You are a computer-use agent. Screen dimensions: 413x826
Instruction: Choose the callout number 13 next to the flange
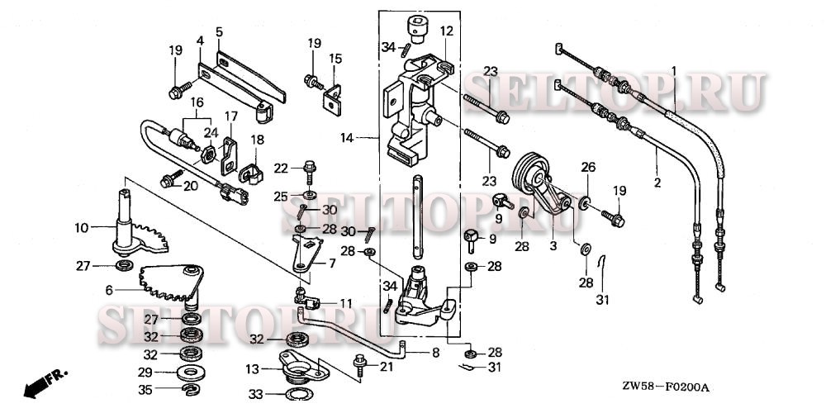click(x=253, y=368)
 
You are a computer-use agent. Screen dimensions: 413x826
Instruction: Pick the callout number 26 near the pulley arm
click(x=588, y=166)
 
